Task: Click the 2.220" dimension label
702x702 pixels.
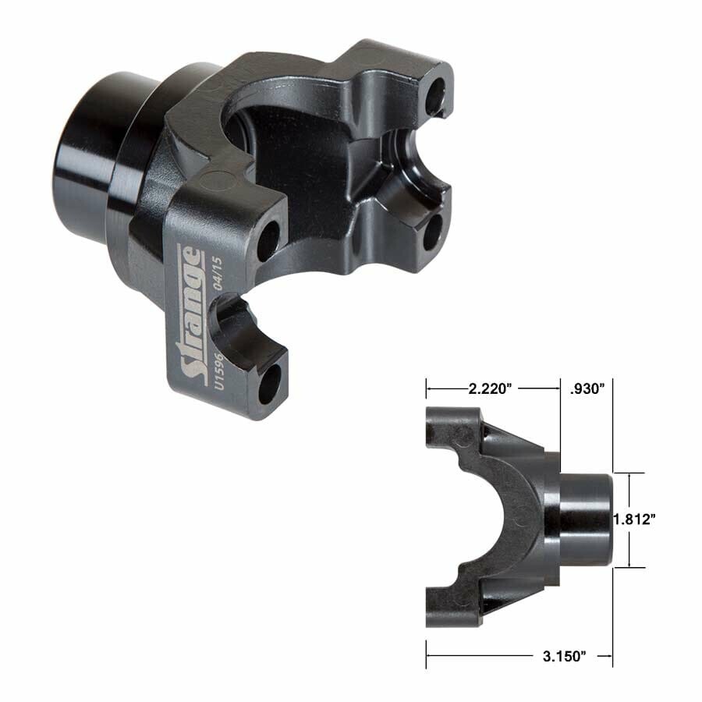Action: coord(491,387)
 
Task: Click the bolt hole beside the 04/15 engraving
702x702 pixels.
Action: coord(267,241)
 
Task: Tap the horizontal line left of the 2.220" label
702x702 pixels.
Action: coord(445,387)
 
